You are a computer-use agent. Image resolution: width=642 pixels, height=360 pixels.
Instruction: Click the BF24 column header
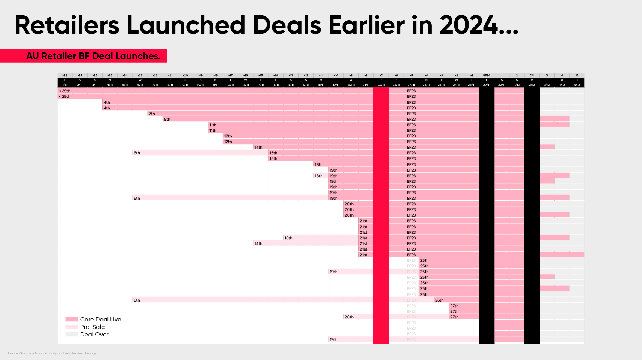487,75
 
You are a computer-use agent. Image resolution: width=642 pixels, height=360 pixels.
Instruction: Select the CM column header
532,75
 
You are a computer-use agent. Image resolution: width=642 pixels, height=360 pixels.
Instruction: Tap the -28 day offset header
65,75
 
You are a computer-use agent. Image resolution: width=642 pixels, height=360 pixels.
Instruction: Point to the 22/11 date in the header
381,85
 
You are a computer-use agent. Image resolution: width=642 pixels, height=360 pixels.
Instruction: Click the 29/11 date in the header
487,85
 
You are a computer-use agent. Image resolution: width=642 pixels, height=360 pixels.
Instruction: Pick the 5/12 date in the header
577,85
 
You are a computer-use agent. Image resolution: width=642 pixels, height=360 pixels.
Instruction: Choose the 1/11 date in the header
65,85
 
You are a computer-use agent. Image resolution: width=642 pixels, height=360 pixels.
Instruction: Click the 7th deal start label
152,114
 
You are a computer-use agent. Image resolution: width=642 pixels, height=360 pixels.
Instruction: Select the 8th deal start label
167,119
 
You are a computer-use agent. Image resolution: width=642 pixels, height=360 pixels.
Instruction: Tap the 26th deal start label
439,300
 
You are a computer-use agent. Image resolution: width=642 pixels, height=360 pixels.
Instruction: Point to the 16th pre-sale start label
288,238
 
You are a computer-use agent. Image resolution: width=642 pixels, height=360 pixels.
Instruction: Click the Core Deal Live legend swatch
71,320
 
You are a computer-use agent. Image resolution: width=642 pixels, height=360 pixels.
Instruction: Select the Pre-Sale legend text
92,327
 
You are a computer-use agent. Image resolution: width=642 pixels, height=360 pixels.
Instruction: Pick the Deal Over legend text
94,335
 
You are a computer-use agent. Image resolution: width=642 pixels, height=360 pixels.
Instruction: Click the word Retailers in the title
67,25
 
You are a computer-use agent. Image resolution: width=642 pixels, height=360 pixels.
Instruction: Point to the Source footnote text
51,353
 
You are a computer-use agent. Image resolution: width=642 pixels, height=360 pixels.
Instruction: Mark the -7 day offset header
381,75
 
